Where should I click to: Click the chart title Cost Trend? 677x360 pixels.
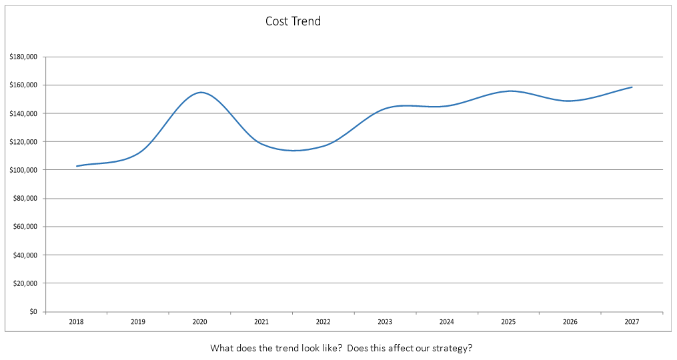(293, 21)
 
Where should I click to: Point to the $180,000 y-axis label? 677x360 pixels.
(23, 57)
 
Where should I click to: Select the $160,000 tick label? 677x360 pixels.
(23, 85)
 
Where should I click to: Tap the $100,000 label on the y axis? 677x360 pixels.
(23, 170)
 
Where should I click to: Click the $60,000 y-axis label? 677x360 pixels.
(25, 227)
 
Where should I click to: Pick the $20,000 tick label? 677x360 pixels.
(25, 283)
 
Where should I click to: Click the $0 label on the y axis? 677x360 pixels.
(33, 311)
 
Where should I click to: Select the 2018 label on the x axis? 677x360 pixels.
(76, 322)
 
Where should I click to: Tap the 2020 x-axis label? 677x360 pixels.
(199, 322)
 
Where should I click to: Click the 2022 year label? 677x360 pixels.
(323, 322)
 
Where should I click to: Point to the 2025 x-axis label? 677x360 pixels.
(508, 322)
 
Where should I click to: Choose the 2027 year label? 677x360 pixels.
(632, 322)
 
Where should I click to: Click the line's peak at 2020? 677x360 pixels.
(200, 93)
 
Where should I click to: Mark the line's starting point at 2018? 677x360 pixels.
(77, 166)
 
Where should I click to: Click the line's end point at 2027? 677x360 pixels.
(632, 87)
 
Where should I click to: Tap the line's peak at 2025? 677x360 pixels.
(510, 91)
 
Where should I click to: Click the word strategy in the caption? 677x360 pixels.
(454, 348)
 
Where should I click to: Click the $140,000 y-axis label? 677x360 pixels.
(23, 113)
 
